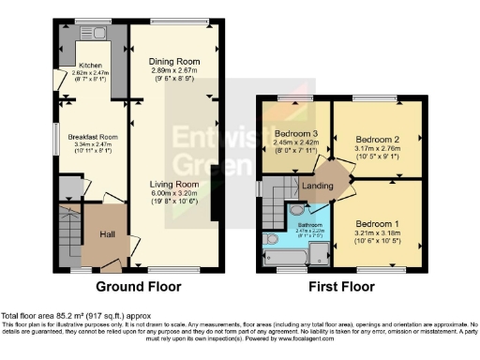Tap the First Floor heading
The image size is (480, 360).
pyautogui.click(x=343, y=287)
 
